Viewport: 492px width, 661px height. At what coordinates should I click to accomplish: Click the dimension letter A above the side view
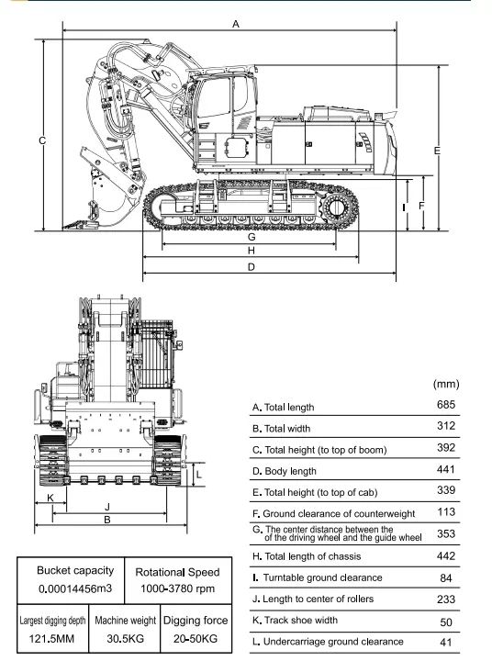(236, 24)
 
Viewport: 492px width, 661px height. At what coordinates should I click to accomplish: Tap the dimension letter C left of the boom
(42, 140)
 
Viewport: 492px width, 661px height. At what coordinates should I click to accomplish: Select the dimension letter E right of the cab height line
(437, 151)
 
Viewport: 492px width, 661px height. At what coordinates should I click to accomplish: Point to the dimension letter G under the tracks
(252, 237)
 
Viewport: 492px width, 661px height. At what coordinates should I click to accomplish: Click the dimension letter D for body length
(252, 267)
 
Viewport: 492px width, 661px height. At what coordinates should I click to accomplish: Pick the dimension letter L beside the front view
(199, 476)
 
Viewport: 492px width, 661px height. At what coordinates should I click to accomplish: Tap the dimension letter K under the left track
(50, 498)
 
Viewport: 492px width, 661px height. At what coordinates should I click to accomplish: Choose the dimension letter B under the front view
(107, 520)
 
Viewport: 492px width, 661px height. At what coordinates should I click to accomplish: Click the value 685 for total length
(446, 405)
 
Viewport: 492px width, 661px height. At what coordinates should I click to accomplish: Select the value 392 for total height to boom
(446, 447)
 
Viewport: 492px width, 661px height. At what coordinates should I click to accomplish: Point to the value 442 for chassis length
(446, 555)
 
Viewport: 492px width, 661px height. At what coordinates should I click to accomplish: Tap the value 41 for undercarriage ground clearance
(446, 642)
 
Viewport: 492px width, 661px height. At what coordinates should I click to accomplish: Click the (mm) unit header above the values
(446, 384)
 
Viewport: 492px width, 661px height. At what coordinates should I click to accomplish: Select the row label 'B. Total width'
(281, 429)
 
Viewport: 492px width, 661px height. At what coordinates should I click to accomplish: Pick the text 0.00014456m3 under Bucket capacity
(75, 588)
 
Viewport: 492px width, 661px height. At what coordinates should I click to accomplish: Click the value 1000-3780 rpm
(177, 588)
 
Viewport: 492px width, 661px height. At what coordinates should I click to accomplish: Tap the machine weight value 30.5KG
(125, 639)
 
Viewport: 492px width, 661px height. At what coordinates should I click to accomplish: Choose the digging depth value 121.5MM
(51, 639)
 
